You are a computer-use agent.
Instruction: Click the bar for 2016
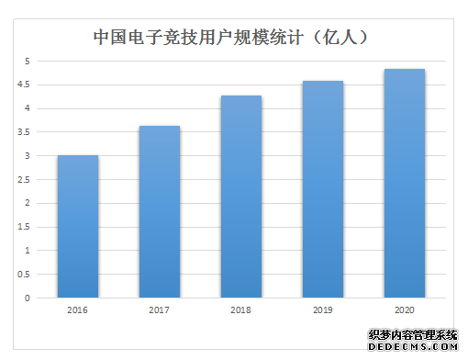click(x=78, y=227)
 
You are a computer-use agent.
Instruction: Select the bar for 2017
click(x=160, y=212)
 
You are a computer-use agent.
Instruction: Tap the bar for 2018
click(x=241, y=197)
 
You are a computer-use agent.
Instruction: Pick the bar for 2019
click(x=323, y=189)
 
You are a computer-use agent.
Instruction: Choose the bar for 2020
click(x=405, y=184)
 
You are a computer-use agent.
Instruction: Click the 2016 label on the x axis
click(x=78, y=311)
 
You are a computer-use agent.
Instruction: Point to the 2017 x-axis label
click(x=160, y=311)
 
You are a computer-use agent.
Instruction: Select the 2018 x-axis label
click(x=241, y=311)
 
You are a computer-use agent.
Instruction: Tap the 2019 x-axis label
click(x=323, y=311)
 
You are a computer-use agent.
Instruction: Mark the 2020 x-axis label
click(x=405, y=311)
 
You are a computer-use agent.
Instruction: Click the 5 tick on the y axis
click(x=28, y=62)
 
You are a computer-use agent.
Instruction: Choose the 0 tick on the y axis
click(x=28, y=298)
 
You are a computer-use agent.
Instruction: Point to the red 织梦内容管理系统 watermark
click(x=412, y=336)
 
